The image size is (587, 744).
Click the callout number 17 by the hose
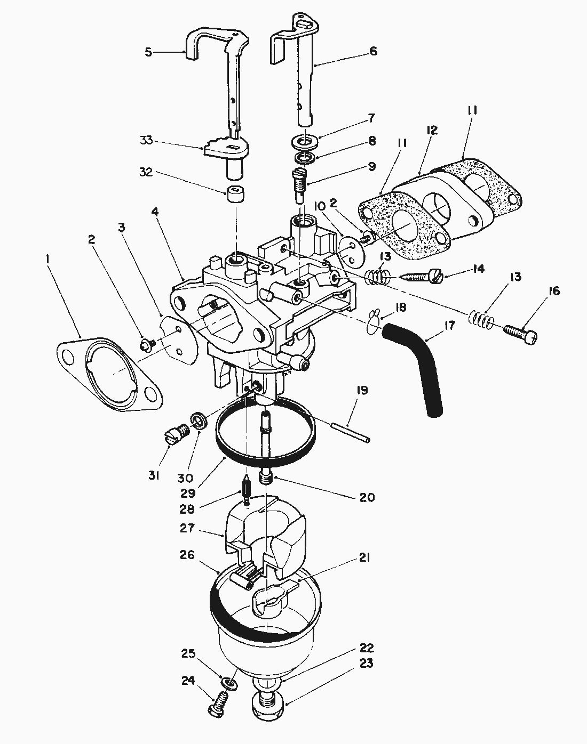449,325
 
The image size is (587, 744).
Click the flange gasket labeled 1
109,373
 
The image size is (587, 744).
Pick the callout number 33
146,141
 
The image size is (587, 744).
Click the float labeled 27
267,538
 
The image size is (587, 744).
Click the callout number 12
432,130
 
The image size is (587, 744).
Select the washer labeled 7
306,142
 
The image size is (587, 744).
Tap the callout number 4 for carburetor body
155,212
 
